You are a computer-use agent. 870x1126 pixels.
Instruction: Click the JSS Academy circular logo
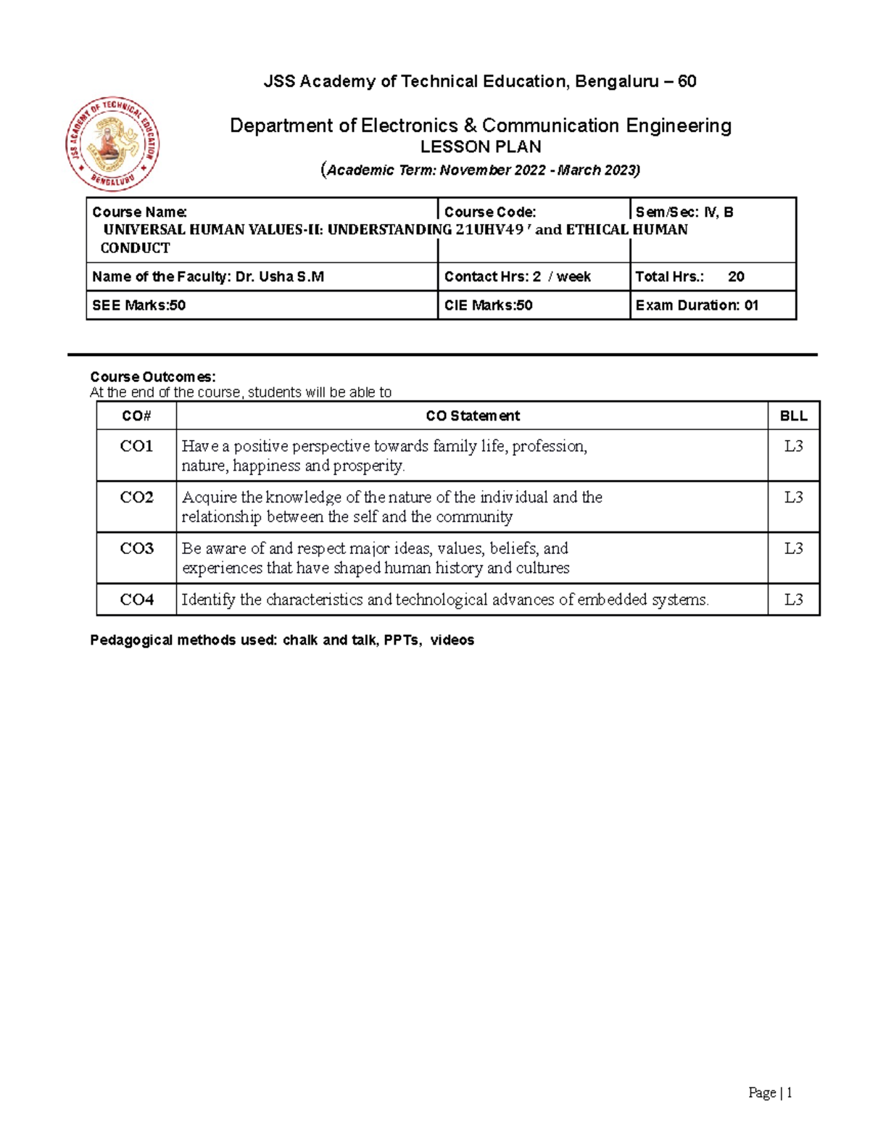112,144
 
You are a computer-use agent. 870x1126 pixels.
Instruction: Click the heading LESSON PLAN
481,147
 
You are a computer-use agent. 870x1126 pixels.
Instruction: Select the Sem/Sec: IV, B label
684,212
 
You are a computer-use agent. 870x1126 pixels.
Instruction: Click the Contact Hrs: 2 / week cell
517,277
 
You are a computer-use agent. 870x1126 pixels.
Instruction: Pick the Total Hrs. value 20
736,277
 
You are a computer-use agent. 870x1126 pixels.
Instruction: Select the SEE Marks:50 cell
138,305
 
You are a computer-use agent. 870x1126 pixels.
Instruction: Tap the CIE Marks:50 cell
488,305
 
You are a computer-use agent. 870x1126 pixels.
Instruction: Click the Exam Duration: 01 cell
697,305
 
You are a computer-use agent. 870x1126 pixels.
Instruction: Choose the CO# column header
136,416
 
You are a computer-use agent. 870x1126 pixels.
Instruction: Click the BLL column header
793,416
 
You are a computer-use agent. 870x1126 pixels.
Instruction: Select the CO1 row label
136,447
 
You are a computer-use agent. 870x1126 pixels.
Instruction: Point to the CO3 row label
136,549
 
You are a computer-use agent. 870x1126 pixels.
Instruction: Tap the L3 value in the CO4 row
793,600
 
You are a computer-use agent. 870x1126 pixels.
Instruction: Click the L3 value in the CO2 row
793,497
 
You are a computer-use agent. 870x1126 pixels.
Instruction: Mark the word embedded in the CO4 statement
612,600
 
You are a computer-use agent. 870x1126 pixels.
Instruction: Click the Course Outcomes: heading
152,377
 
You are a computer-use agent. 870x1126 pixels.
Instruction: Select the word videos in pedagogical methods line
452,640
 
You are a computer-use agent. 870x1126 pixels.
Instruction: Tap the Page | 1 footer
770,1093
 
